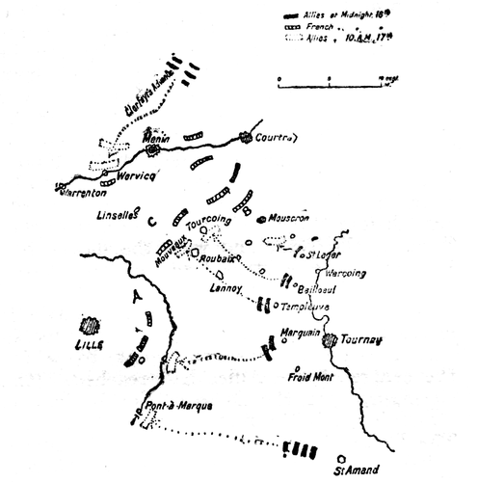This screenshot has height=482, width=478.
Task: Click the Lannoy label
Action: point(224,288)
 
